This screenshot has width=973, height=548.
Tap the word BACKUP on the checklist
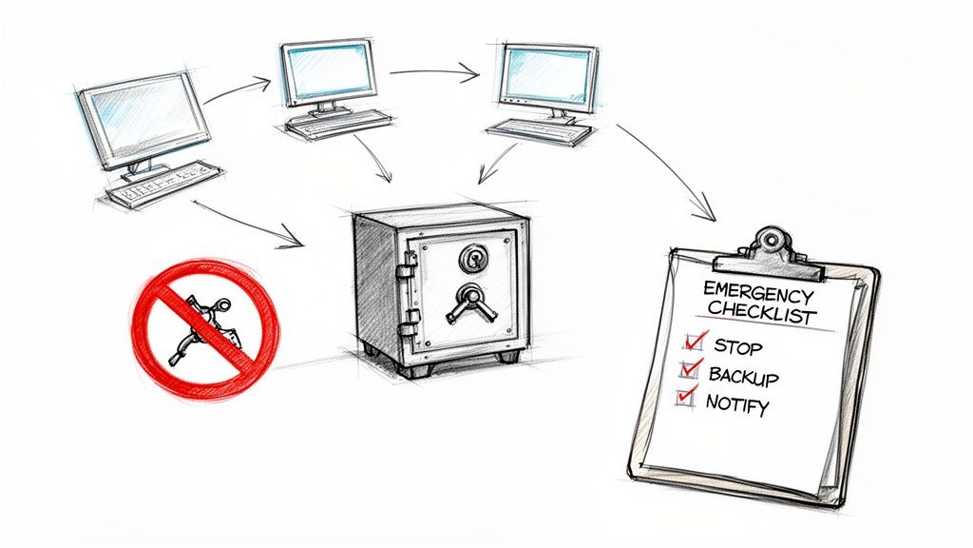coord(743,375)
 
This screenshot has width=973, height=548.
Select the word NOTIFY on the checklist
coord(737,403)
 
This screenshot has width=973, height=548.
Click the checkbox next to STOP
coord(695,341)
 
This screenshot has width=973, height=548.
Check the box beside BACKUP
coord(691,371)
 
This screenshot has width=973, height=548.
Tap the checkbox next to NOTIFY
coord(685,399)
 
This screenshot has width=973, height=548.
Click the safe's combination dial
coord(472,258)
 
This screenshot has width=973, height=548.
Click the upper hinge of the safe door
coord(407,274)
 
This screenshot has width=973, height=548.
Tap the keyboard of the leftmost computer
coord(163,185)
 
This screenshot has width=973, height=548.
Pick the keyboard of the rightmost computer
coord(539,131)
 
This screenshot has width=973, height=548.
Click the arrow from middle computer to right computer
coord(431,69)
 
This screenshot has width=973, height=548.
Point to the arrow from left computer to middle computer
coord(237,90)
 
